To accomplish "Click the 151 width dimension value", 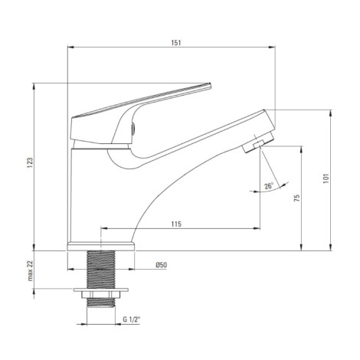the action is click(x=176, y=43).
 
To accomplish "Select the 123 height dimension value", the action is click(x=30, y=163).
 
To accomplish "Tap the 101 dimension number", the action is click(x=326, y=178).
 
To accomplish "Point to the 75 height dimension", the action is click(x=296, y=198).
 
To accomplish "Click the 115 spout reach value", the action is click(x=176, y=224).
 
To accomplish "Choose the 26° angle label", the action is click(x=269, y=185).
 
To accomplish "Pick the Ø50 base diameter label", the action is click(x=162, y=265).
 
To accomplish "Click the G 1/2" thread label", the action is click(x=132, y=319).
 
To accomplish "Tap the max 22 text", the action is click(x=31, y=271).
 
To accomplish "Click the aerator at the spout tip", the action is click(x=258, y=143).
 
